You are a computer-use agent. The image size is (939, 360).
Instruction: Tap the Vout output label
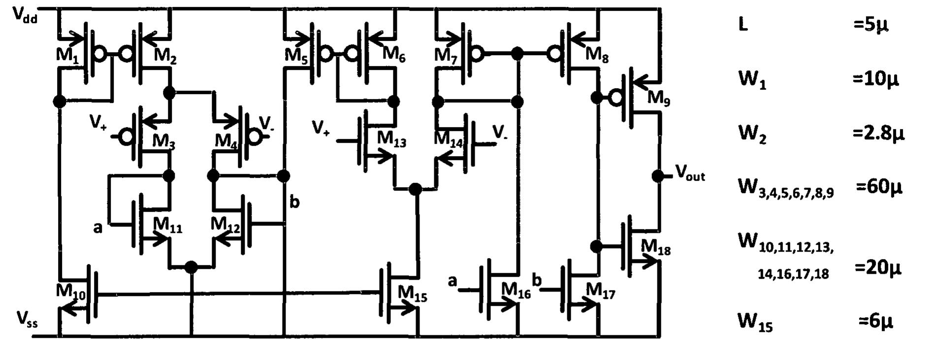click(690, 173)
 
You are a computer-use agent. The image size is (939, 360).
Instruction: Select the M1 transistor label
click(67, 55)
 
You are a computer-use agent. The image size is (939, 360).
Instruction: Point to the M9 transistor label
click(658, 98)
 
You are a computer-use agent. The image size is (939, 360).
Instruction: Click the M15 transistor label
click(412, 294)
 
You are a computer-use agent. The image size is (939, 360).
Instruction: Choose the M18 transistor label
click(655, 247)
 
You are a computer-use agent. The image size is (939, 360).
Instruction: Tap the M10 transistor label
click(70, 292)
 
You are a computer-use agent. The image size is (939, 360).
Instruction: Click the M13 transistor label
click(392, 140)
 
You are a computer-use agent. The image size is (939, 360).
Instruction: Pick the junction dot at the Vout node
click(658, 175)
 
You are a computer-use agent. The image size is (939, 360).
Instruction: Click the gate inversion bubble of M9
click(615, 98)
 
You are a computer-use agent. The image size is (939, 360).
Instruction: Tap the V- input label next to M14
click(499, 131)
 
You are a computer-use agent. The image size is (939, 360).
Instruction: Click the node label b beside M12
click(294, 201)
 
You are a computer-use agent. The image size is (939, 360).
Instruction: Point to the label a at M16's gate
click(453, 281)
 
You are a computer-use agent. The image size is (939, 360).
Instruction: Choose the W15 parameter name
click(755, 322)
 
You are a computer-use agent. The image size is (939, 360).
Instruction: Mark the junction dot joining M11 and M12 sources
click(191, 267)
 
